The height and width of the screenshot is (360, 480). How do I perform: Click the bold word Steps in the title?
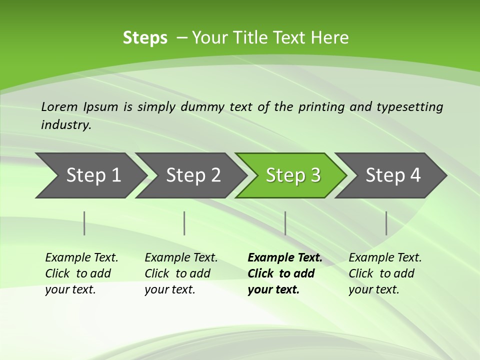145,38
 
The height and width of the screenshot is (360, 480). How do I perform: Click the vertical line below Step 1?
84,223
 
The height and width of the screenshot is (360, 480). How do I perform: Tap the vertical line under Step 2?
184,223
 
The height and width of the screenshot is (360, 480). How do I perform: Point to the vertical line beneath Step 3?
285,223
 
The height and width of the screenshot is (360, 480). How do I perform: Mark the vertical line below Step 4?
386,223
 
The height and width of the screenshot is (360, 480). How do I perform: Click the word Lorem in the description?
59,107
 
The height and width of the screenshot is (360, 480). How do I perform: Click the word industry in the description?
65,125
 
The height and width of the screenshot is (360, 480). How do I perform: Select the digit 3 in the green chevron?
314,175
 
